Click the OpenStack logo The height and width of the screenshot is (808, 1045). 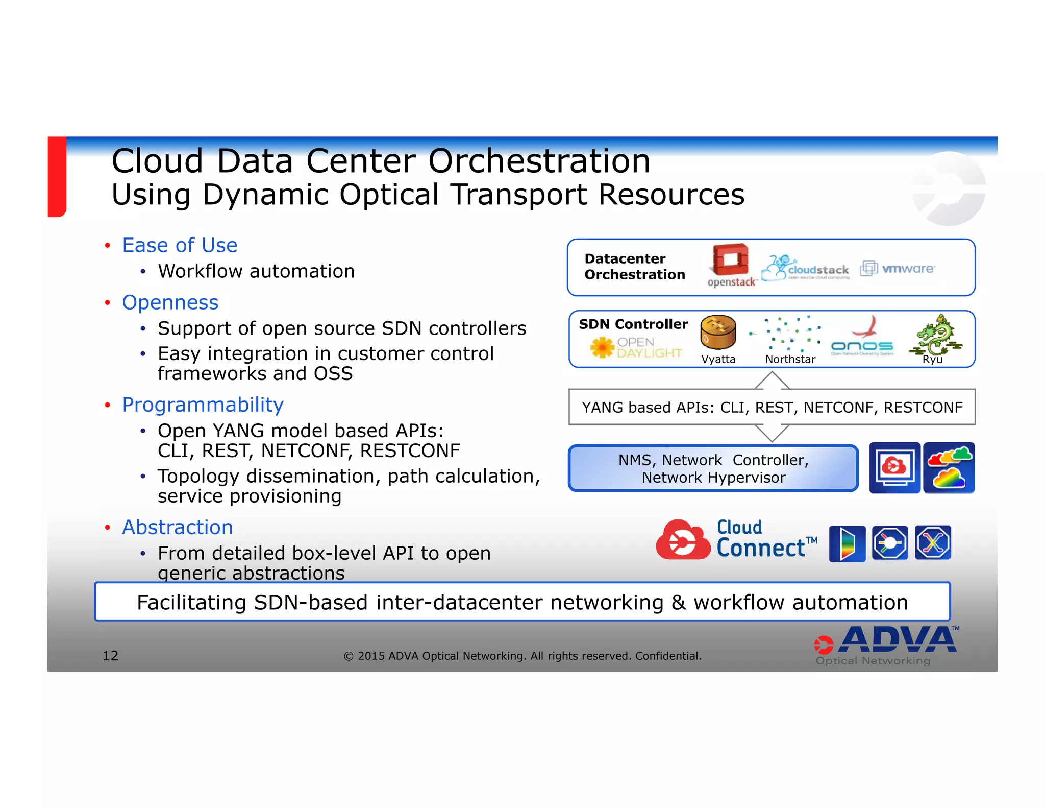click(730, 265)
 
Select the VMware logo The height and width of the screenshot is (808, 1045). click(898, 268)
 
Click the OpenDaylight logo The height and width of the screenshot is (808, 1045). click(636, 347)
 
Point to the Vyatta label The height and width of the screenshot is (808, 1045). click(718, 359)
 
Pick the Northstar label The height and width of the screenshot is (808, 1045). click(790, 359)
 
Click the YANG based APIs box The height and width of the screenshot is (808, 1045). click(772, 407)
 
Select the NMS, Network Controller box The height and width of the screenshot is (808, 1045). click(713, 468)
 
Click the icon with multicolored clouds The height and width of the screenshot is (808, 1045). click(949, 468)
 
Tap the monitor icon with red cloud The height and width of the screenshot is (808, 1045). click(894, 468)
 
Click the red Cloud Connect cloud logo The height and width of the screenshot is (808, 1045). click(682, 540)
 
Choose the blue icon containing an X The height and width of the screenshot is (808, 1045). click(933, 543)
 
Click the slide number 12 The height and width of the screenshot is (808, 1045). click(110, 656)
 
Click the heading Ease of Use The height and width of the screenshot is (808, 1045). click(180, 245)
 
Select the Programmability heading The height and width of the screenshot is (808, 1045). click(203, 405)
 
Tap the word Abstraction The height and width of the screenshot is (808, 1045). click(177, 527)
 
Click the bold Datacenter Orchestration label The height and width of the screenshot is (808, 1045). click(634, 267)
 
